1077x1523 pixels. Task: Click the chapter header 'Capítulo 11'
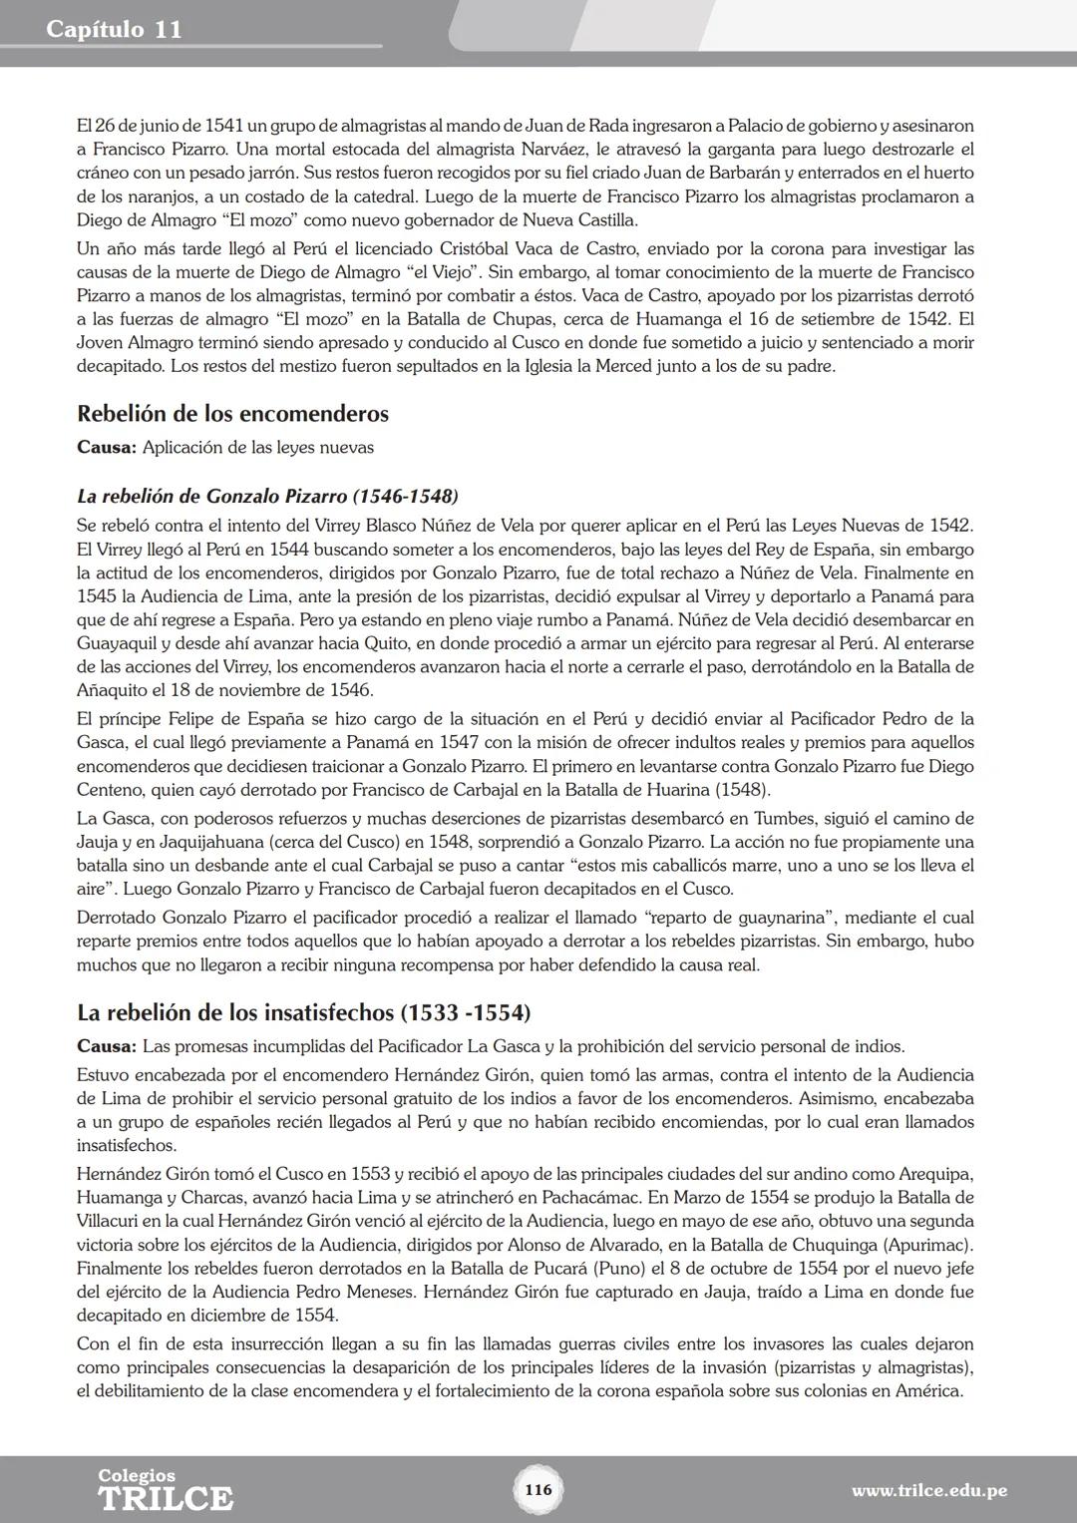click(x=114, y=29)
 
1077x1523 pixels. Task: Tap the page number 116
click(x=538, y=1490)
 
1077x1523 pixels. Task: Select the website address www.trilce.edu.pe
click(x=928, y=1491)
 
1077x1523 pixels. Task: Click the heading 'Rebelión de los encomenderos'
click(x=232, y=414)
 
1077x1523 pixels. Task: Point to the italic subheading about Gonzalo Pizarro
click(x=267, y=496)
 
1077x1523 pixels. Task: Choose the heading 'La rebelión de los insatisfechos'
click(x=303, y=1013)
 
